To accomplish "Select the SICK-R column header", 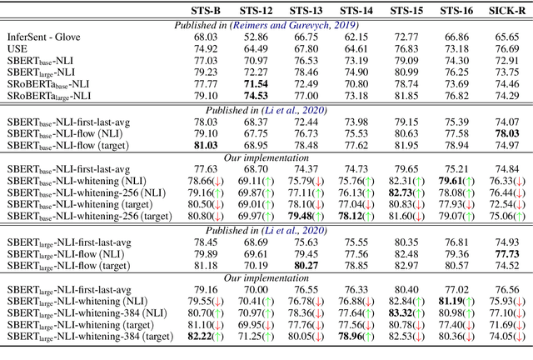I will tap(501, 11).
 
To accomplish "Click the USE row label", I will tap(18, 49).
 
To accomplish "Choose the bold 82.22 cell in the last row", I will tap(204, 336).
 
